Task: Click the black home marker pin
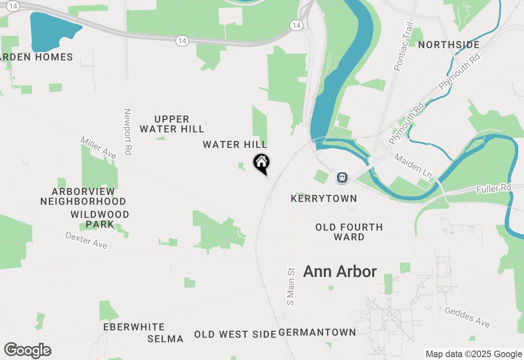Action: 262,163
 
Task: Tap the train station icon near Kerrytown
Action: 342,178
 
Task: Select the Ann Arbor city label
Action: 340,272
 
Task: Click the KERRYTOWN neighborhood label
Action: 324,199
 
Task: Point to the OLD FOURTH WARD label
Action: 349,232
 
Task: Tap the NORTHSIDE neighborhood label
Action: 449,45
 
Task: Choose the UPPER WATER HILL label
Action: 172,124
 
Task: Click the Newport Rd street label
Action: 128,132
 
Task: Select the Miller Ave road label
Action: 99,148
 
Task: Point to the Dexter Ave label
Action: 86,240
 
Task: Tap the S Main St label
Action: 291,286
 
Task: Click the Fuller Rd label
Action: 494,189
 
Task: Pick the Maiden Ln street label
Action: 413,166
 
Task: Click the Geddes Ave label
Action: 467,317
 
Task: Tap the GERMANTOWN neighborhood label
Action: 317,332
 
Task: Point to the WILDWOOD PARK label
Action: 100,219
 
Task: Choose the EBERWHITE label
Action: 134,327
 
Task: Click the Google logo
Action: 27,351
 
